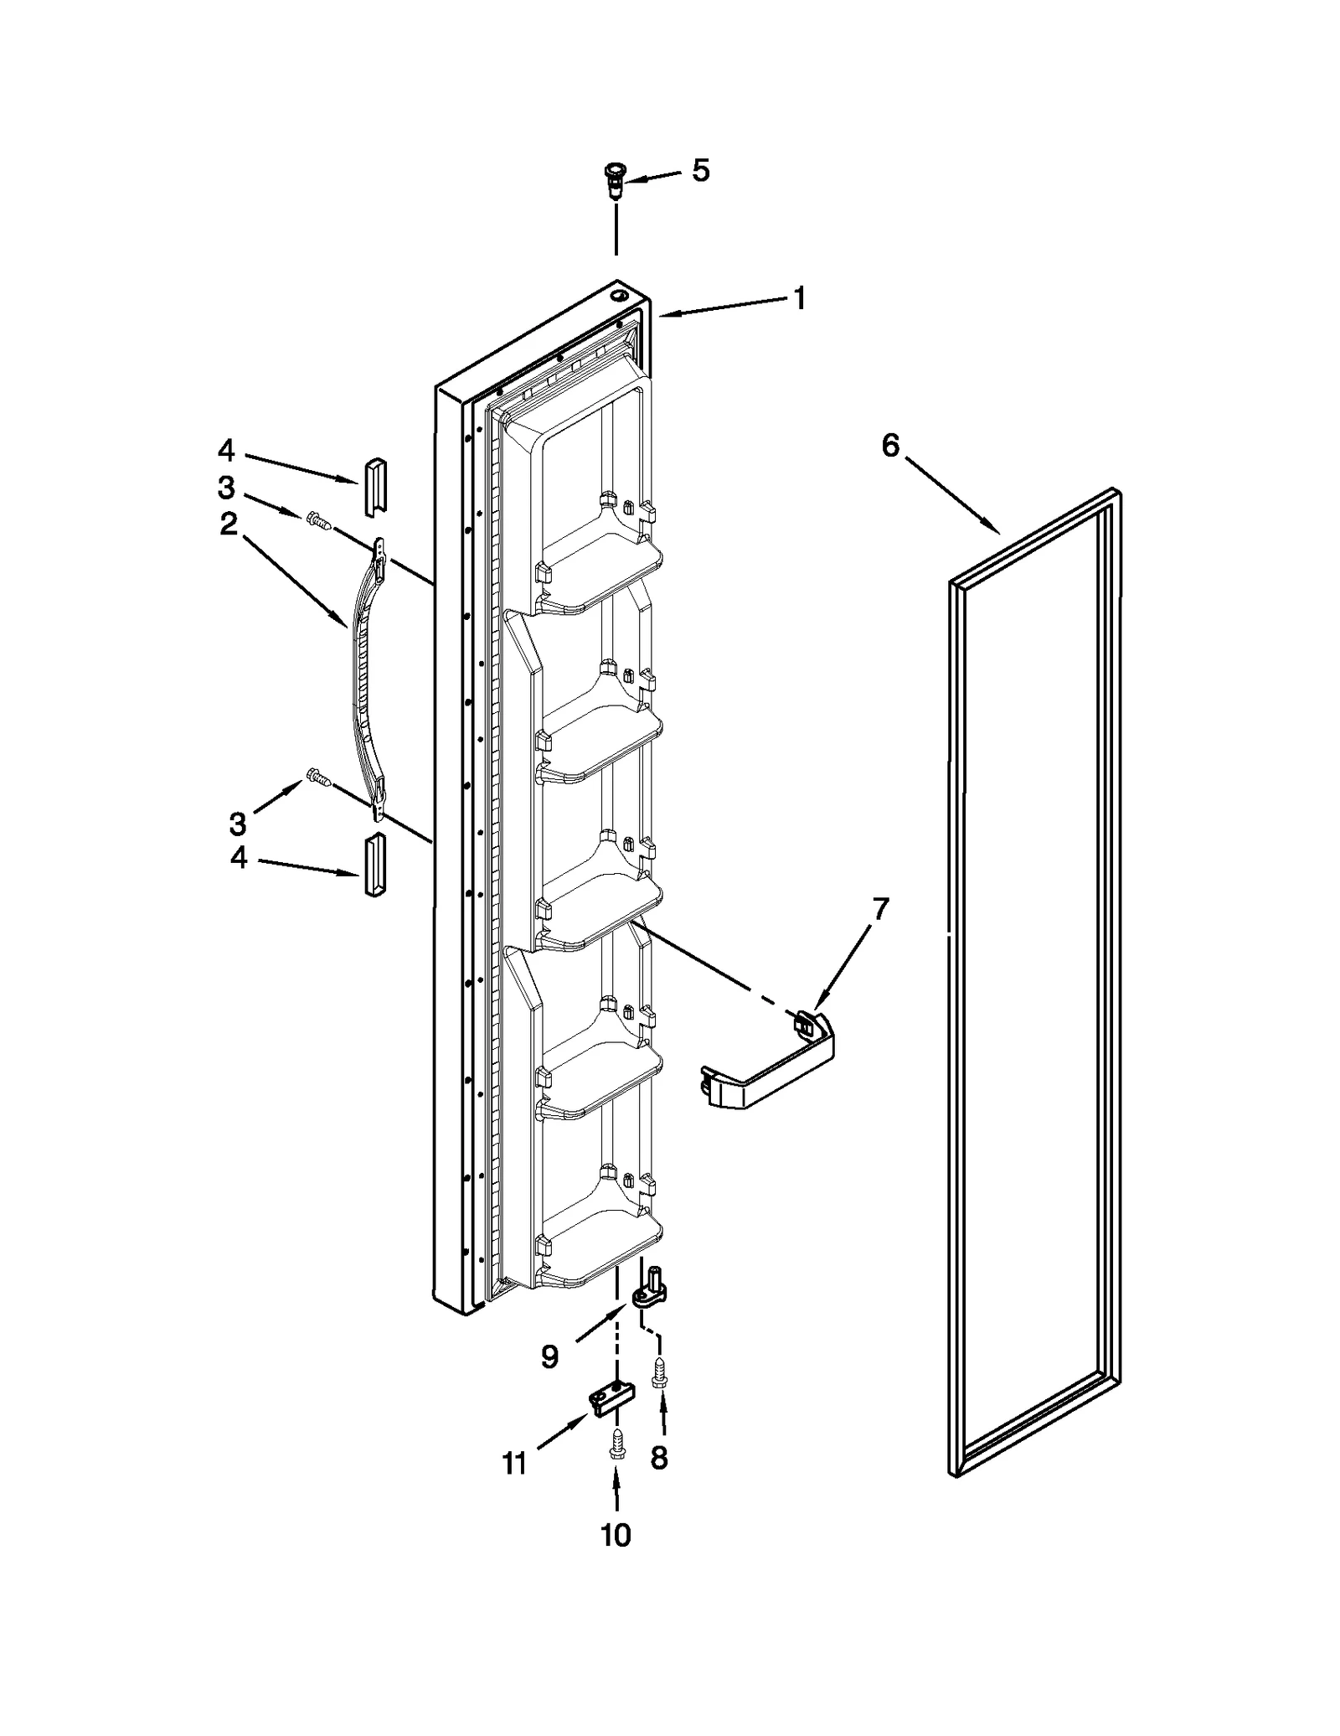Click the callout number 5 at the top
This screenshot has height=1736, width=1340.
pos(700,170)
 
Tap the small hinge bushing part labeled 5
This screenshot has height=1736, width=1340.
pos(616,179)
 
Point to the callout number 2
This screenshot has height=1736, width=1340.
pos(228,525)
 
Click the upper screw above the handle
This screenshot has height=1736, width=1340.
pos(318,521)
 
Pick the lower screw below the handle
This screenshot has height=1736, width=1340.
pos(318,777)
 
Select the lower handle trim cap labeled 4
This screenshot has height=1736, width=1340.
pos(374,865)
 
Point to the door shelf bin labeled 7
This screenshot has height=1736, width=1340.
pos(766,1067)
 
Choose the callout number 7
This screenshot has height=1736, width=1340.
pos(879,909)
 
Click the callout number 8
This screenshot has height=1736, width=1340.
pos(659,1459)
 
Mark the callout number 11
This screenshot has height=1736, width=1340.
pos(513,1463)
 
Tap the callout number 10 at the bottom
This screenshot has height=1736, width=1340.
pos(616,1536)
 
